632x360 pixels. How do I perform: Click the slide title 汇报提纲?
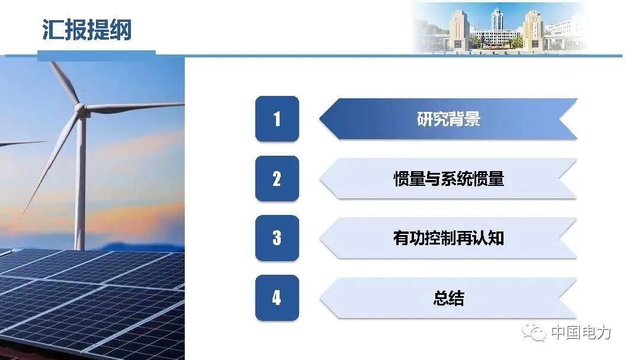click(x=86, y=30)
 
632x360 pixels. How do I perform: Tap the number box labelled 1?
click(x=277, y=119)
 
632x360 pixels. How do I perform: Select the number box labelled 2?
click(x=277, y=178)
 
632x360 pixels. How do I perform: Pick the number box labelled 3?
click(x=277, y=238)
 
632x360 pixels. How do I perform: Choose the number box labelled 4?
click(x=277, y=297)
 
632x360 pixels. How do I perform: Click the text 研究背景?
click(x=448, y=119)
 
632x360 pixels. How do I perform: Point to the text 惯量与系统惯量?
click(x=448, y=179)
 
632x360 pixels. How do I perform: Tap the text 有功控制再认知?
click(x=448, y=238)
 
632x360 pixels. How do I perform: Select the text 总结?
click(x=448, y=298)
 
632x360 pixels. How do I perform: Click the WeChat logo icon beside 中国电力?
click(x=534, y=332)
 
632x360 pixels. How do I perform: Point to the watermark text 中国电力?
click(x=581, y=333)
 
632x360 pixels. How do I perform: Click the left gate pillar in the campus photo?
click(x=458, y=30)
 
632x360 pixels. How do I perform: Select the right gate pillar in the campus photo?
click(x=533, y=30)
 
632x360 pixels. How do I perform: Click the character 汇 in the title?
click(x=53, y=30)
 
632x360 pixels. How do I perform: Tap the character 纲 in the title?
click(x=121, y=30)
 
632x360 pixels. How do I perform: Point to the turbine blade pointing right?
click(x=135, y=107)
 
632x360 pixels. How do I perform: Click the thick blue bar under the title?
click(x=97, y=56)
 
